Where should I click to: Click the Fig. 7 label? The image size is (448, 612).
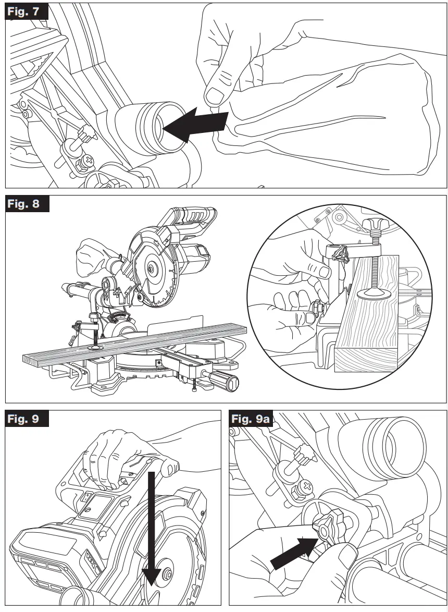tap(26, 11)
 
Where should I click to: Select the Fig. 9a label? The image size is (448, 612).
tap(252, 419)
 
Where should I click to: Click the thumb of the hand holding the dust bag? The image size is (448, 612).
tap(215, 94)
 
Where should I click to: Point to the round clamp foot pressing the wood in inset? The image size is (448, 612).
tap(372, 294)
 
